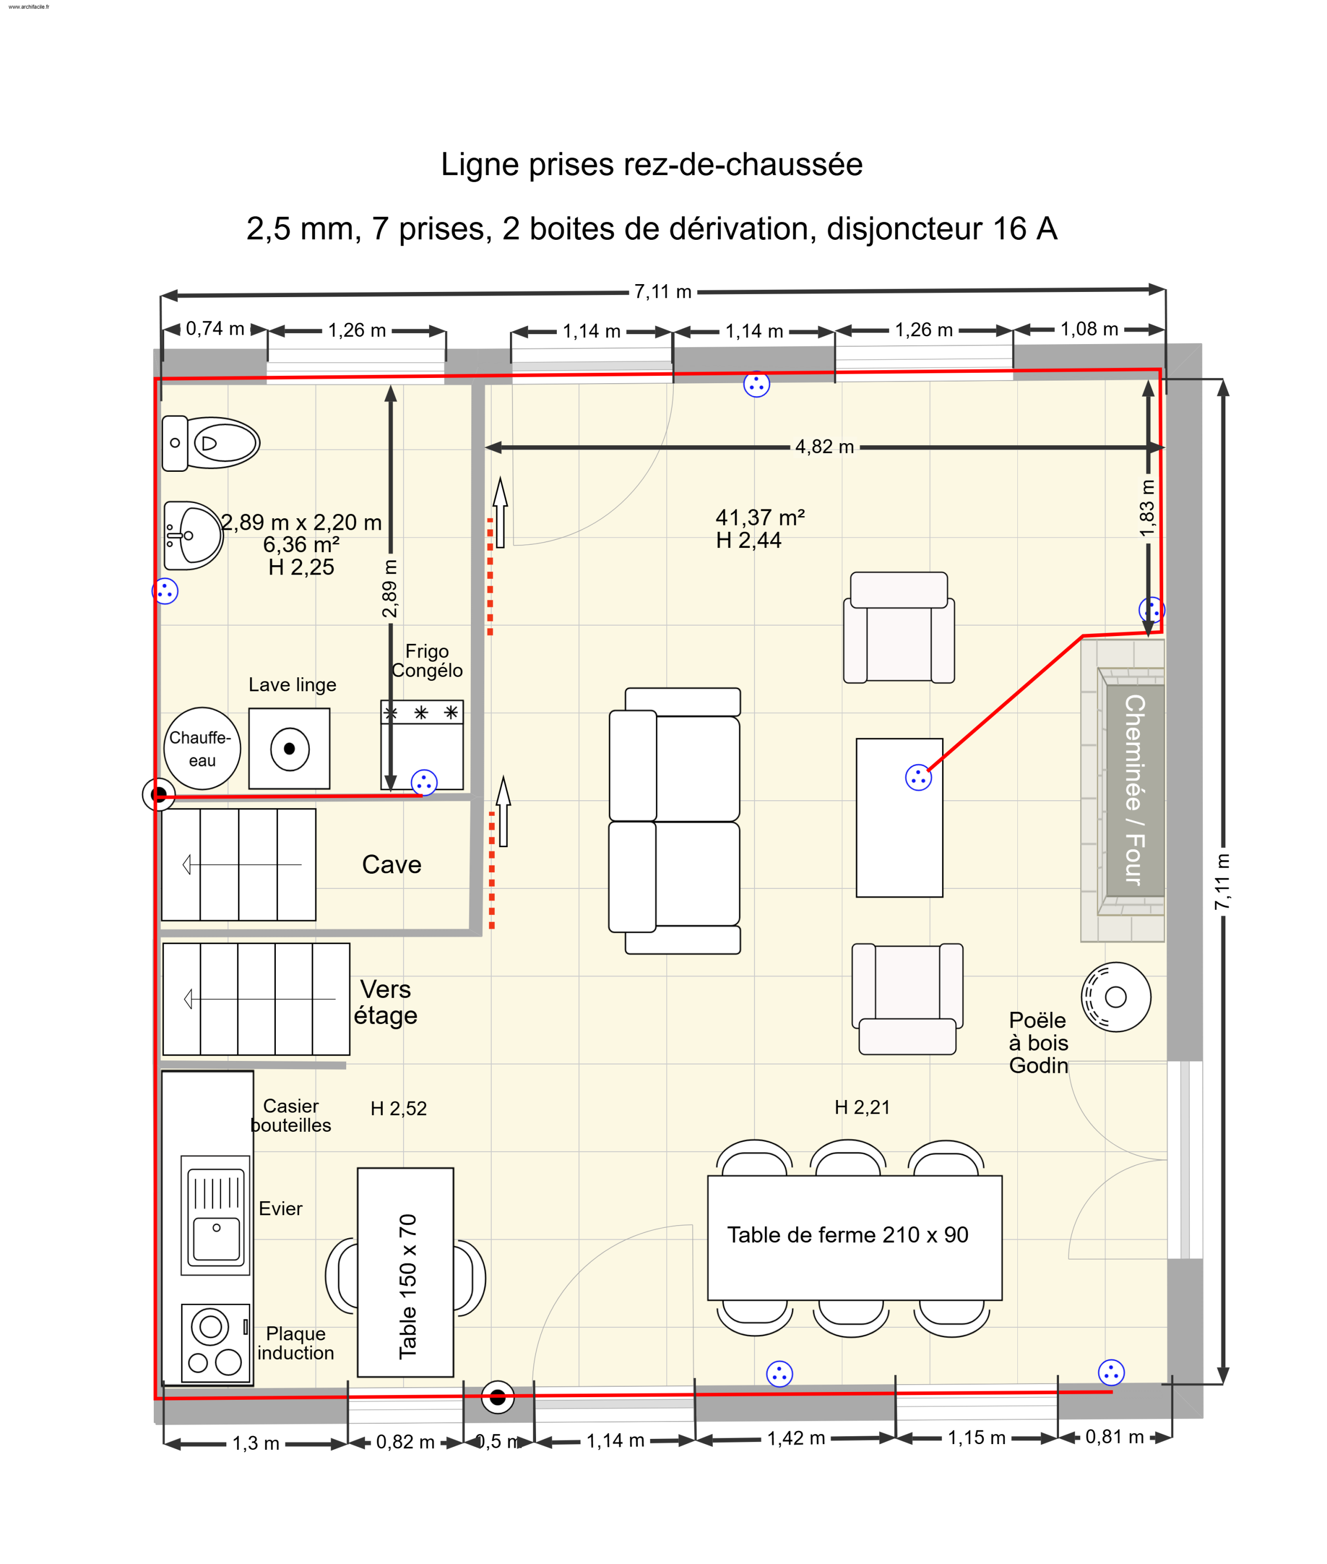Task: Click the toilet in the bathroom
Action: point(211,443)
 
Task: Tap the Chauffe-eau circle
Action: point(202,749)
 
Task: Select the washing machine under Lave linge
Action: point(289,749)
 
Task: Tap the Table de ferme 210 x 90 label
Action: point(848,1235)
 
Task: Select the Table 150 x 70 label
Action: point(407,1287)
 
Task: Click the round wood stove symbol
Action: point(1116,997)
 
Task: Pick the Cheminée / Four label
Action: point(1135,790)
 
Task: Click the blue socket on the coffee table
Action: point(919,777)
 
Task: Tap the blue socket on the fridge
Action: point(424,783)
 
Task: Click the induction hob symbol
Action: point(216,1343)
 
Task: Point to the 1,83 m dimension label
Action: point(1147,508)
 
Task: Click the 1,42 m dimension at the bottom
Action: point(796,1438)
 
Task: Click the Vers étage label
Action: point(386,1002)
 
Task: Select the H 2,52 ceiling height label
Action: point(399,1108)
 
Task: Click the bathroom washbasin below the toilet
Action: point(193,535)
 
